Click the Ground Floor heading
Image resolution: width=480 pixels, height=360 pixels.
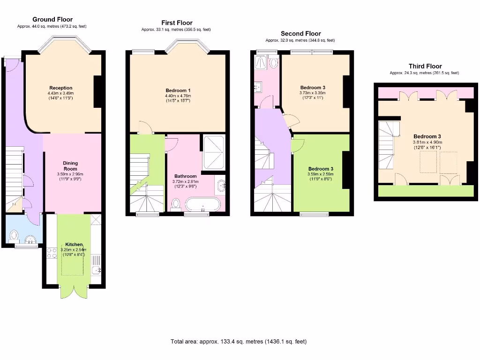click(x=52, y=19)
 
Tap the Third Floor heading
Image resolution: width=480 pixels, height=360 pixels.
click(x=425, y=66)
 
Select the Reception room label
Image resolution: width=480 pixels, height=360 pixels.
click(x=61, y=88)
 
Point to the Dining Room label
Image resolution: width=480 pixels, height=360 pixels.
click(x=70, y=166)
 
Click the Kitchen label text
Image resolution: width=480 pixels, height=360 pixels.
click(x=74, y=245)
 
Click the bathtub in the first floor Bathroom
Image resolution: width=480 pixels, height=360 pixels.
click(x=202, y=204)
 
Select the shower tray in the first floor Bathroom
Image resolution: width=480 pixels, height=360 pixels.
click(x=213, y=152)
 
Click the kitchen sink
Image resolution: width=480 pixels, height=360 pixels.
click(x=97, y=270)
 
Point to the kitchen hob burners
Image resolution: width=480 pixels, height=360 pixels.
click(x=52, y=253)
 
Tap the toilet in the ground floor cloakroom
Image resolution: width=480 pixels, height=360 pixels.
click(x=14, y=235)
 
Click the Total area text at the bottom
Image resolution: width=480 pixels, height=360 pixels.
click(x=239, y=342)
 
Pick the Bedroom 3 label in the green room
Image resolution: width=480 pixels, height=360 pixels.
click(x=321, y=169)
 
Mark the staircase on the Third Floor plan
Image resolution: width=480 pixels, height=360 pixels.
click(x=388, y=145)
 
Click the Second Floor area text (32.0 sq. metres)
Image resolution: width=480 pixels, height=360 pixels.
click(x=300, y=40)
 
